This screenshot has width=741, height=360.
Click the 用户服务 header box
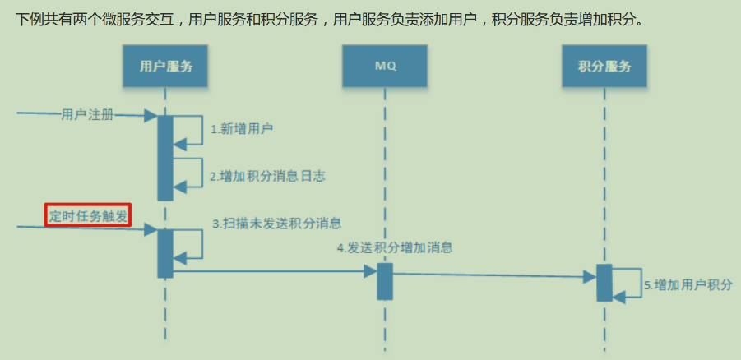pos(165,66)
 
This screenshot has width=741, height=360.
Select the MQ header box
pos(385,66)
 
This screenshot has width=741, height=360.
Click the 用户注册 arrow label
pos(87,114)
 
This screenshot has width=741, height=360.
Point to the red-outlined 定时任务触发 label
pos(88,215)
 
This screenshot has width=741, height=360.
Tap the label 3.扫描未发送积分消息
pos(277,223)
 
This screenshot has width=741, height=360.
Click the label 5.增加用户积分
pos(688,285)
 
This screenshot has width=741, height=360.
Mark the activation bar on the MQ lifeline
pos(385,281)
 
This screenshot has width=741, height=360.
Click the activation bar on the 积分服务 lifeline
pos(604,282)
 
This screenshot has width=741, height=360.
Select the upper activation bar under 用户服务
pos(165,157)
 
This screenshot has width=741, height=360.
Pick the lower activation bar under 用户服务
pos(165,252)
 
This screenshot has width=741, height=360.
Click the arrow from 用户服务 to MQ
pos(271,272)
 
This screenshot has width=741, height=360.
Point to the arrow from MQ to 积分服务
pos(493,275)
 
